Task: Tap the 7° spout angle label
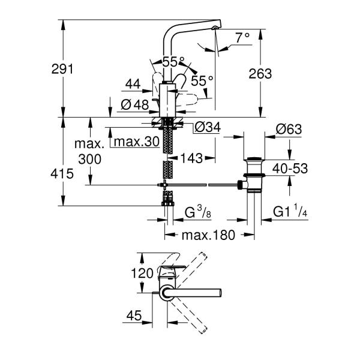(242, 37)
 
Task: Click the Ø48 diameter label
(135, 104)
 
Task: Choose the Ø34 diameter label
(206, 127)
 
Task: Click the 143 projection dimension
(191, 159)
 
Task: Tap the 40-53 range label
(289, 169)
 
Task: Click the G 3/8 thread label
(197, 212)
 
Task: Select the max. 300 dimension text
(88, 151)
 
